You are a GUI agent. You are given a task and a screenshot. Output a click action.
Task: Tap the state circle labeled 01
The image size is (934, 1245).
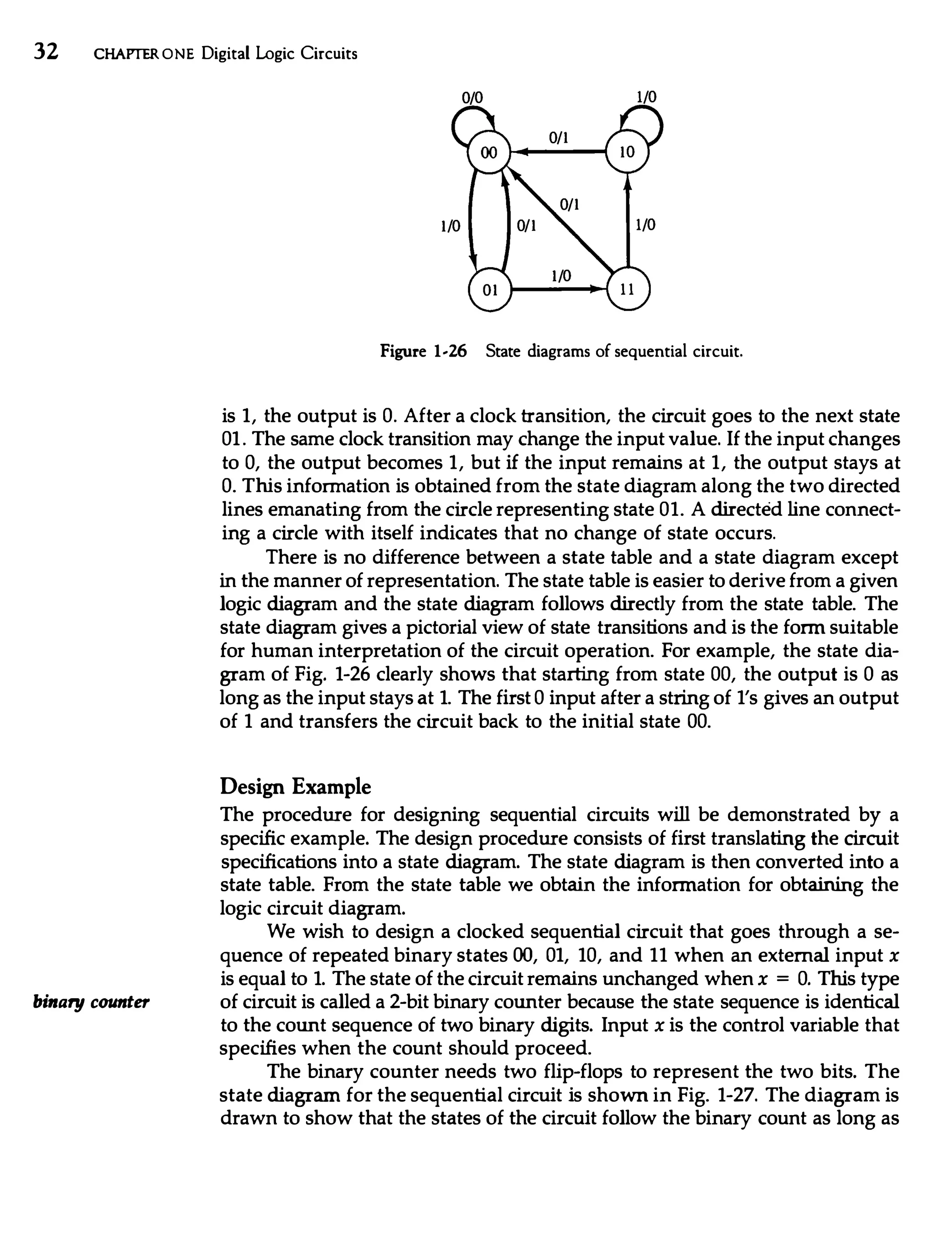coord(489,290)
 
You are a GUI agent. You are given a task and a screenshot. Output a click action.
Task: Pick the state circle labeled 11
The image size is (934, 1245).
coord(627,290)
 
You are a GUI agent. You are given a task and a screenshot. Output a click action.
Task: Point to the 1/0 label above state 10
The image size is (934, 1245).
coord(646,97)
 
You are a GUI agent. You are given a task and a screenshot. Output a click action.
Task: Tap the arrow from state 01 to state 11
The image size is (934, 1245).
coord(557,290)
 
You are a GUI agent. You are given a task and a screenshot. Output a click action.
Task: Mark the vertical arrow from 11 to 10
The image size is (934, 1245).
coord(628,219)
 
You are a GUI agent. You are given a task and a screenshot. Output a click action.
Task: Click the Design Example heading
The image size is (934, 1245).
coord(295,786)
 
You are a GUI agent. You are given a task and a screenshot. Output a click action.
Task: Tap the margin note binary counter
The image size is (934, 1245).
coord(92,1002)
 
